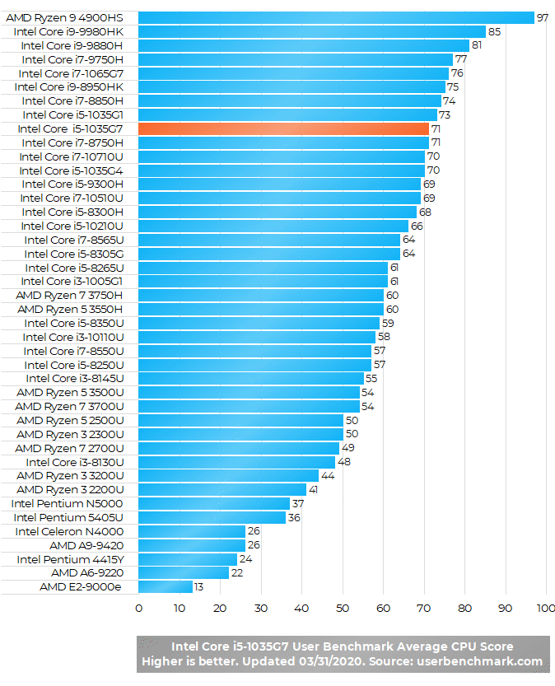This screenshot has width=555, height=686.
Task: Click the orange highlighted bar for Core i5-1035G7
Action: pos(283,128)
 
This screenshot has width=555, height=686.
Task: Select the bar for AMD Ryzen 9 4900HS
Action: pos(336,17)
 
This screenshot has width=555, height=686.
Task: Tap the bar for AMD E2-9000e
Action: pos(165,587)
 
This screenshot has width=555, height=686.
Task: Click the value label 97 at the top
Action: pos(542,17)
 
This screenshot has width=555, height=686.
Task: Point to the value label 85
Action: pos(494,31)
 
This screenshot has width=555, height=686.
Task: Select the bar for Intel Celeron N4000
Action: pos(191,531)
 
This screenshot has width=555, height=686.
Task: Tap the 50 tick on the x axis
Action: pos(342,609)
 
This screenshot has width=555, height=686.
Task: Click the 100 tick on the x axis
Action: pos(545,609)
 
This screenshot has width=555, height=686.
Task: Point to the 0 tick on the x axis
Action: pos(138,609)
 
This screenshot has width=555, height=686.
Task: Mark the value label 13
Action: pos(199,587)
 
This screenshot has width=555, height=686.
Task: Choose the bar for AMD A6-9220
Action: pos(183,572)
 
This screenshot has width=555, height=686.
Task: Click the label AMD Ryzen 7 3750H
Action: pos(69,295)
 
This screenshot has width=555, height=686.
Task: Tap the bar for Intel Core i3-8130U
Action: pos(236,461)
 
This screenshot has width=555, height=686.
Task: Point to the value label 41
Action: pos(314,489)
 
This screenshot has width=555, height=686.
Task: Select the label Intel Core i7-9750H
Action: pos(72,59)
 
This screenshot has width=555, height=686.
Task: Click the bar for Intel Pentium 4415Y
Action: pos(187,559)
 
